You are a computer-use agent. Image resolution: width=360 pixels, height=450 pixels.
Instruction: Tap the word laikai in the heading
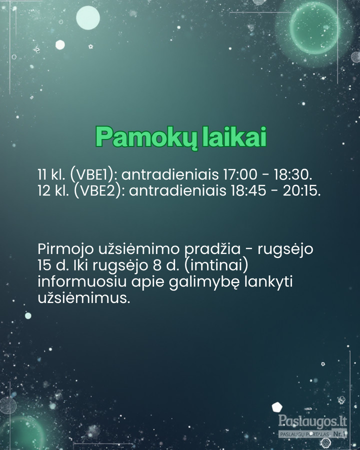(234, 136)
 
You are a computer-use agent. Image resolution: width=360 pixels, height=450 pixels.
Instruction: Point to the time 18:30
(292, 174)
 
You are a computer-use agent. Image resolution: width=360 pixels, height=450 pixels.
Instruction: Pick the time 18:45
(248, 190)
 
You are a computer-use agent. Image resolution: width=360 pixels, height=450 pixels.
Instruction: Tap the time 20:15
(301, 190)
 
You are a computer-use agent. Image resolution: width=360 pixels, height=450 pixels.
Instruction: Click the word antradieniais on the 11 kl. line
(169, 174)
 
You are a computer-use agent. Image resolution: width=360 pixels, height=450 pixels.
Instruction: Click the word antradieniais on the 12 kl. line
(177, 190)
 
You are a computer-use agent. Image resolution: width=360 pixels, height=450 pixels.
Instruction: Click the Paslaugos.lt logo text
(312, 421)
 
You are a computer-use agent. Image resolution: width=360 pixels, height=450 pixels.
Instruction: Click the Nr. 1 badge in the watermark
(339, 433)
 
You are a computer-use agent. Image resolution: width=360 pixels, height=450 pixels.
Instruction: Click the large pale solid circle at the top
(88, 18)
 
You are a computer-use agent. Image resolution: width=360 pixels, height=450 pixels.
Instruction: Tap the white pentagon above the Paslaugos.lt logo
(277, 406)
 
